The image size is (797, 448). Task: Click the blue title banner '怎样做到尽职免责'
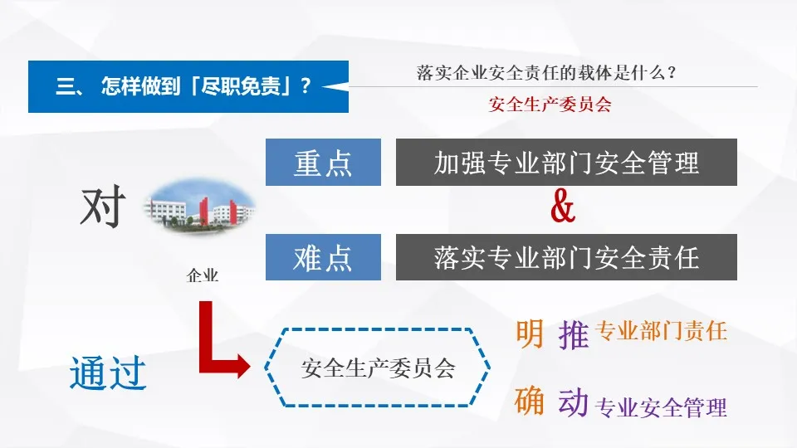[183, 86]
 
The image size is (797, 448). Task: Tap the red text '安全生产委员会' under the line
[550, 105]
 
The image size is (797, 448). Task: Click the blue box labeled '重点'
[323, 163]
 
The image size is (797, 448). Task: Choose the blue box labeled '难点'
[323, 257]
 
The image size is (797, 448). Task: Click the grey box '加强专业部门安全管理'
[566, 163]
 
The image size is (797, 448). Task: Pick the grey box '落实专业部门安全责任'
[566, 257]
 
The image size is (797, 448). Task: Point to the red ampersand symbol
[563, 209]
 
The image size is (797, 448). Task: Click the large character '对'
[102, 207]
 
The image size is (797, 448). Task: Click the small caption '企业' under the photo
[203, 275]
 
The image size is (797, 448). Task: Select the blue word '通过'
[108, 373]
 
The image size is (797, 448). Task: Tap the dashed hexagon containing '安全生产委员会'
[378, 368]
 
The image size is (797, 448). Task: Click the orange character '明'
[530, 334]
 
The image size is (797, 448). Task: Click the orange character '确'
[530, 402]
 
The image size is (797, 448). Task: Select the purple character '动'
[574, 403]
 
